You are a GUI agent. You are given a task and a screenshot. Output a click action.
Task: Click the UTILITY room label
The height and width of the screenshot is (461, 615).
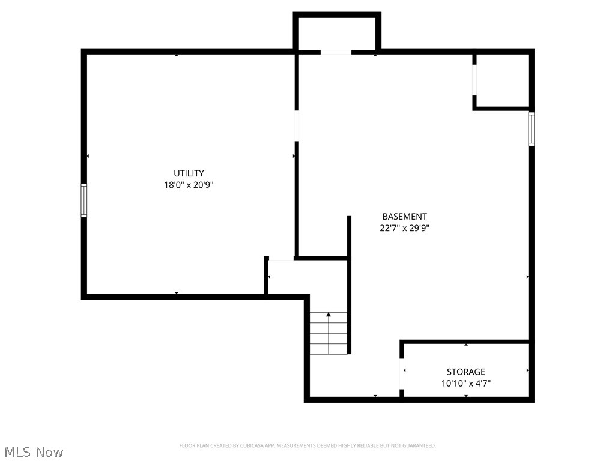tap(189, 173)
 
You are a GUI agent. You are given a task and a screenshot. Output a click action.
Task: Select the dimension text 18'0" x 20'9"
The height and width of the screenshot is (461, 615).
tap(189, 185)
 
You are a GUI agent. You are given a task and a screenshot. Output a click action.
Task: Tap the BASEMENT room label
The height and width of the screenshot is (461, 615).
tap(404, 217)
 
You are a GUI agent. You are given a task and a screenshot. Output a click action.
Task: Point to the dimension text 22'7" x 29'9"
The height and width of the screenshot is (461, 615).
tap(404, 228)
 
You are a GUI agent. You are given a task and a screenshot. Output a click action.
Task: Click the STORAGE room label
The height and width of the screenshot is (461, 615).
tap(465, 372)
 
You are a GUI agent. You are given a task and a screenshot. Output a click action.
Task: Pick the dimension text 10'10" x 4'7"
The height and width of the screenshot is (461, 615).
tap(465, 383)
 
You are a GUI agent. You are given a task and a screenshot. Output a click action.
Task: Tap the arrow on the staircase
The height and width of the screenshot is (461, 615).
tap(329, 315)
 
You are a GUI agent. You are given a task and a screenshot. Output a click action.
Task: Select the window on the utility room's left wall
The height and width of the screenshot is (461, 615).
tap(84, 200)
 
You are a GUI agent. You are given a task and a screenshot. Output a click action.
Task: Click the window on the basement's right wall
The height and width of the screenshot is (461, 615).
tap(532, 128)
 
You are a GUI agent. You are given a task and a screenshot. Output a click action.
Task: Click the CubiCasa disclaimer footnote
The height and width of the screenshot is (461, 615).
tap(307, 445)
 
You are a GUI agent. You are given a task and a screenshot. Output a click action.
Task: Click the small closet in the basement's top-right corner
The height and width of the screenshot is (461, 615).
tap(502, 80)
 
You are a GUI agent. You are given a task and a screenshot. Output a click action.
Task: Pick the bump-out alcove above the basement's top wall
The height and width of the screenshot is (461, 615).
tap(336, 33)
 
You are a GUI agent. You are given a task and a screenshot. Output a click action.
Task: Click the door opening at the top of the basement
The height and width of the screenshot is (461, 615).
tap(335, 53)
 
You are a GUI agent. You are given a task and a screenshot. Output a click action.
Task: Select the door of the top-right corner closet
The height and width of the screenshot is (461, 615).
tap(474, 80)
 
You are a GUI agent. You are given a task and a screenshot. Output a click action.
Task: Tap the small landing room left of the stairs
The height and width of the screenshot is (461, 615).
tap(287, 277)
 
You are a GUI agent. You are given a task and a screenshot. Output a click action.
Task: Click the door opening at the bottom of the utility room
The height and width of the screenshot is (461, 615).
tap(281, 258)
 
